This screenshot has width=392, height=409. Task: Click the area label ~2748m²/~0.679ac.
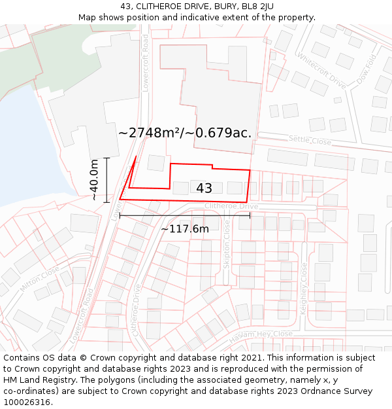point(185,133)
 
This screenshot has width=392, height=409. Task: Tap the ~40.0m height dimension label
point(94,179)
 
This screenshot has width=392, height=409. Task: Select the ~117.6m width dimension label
point(185,228)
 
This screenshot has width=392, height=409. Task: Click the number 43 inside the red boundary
point(204,188)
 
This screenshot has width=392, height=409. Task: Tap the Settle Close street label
point(310,140)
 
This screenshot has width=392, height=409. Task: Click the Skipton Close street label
point(227,243)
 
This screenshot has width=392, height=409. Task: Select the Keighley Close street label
point(304,289)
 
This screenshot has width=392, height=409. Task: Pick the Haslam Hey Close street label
point(261,336)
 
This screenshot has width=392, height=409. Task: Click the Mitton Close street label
point(39,279)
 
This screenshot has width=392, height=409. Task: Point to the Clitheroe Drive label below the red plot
point(231,206)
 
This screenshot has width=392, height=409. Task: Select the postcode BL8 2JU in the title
point(257,7)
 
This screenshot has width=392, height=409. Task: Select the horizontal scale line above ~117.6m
point(185,214)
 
